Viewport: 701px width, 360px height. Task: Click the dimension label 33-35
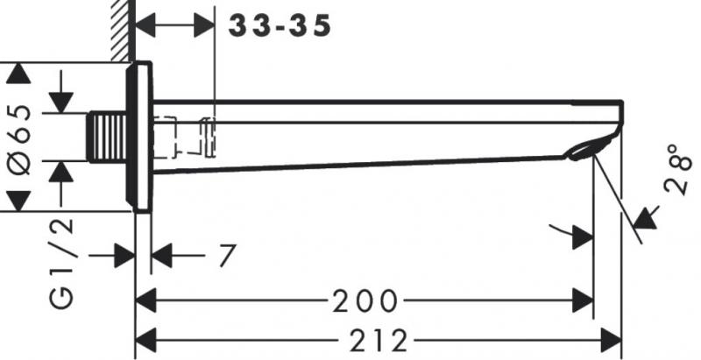click(280, 25)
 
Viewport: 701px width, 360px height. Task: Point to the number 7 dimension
click(226, 256)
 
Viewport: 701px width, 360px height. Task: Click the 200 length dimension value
click(365, 302)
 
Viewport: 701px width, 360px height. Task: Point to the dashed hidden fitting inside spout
click(186, 137)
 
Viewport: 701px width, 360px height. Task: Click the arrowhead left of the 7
click(162, 256)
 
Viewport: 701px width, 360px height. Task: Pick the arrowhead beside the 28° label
click(648, 215)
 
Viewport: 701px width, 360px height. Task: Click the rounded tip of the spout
click(619, 117)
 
